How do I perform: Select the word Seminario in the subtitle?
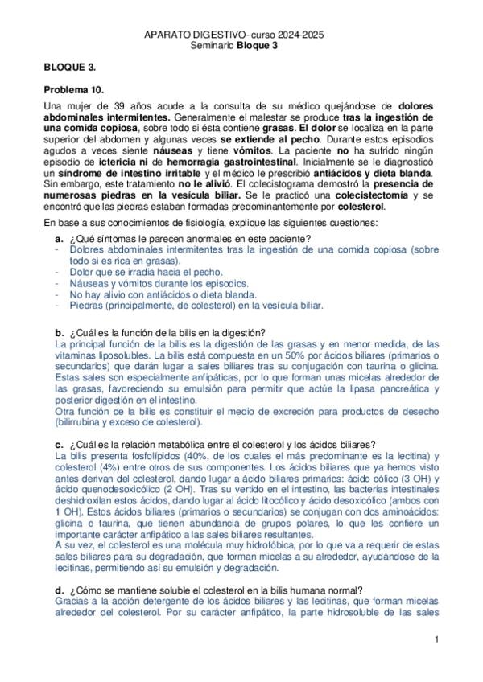tap(213, 47)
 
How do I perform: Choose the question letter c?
tap(59, 445)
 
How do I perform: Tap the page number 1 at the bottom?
tap(435, 639)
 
